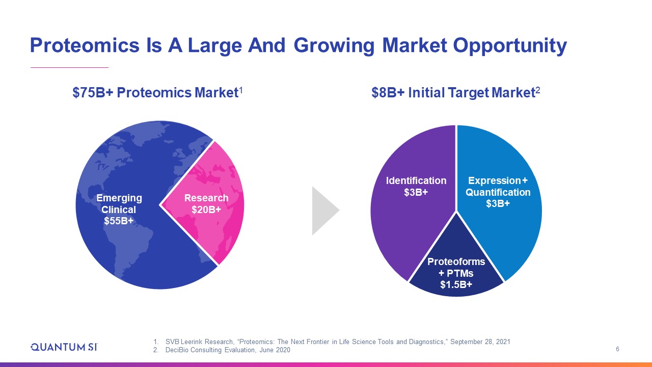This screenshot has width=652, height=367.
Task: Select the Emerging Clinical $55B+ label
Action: pyautogui.click(x=119, y=209)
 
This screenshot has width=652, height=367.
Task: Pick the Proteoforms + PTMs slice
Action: pyautogui.click(x=456, y=268)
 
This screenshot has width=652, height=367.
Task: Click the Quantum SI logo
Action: pyautogui.click(x=64, y=347)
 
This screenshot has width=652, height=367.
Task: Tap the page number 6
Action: pyautogui.click(x=617, y=349)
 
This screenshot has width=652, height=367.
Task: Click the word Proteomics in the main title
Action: pyautogui.click(x=85, y=45)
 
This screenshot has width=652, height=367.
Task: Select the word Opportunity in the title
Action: pyautogui.click(x=510, y=46)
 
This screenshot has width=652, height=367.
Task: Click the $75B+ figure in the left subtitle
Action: pyautogui.click(x=93, y=93)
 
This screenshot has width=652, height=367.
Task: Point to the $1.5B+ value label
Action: pyautogui.click(x=456, y=284)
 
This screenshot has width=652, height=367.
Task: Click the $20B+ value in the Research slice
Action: pyautogui.click(x=206, y=209)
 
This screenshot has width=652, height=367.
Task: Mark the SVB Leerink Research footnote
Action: pyautogui.click(x=332, y=342)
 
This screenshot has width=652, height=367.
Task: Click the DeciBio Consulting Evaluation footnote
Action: pyautogui.click(x=222, y=350)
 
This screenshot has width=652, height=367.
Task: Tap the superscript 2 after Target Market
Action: pyautogui.click(x=538, y=90)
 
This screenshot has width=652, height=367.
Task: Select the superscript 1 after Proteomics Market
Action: pyautogui.click(x=241, y=90)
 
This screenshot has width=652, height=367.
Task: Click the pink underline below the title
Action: pyautogui.click(x=70, y=67)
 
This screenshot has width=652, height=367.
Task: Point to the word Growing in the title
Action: pyautogui.click(x=334, y=46)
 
